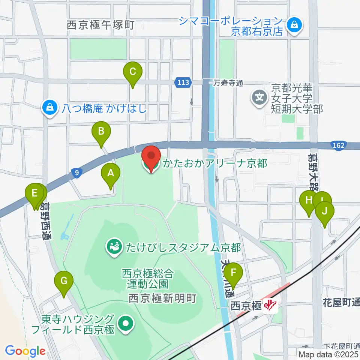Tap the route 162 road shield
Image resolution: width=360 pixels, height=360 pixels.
(x=339, y=145)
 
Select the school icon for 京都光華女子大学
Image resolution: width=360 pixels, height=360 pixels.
(x=259, y=98)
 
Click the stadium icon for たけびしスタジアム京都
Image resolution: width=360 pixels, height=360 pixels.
(x=113, y=247)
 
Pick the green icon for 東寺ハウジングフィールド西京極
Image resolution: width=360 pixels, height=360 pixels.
(x=124, y=324)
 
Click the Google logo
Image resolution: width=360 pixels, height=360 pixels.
(x=25, y=351)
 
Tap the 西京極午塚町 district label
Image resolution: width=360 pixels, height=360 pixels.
(x=100, y=25)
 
